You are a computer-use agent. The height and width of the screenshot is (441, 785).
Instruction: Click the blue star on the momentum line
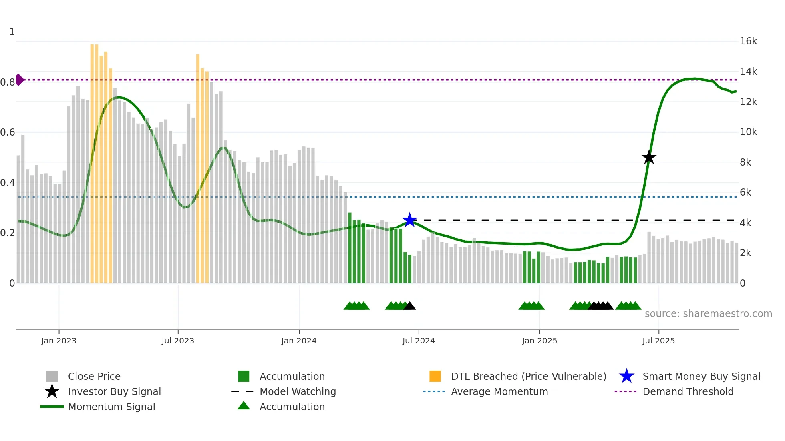(409, 220)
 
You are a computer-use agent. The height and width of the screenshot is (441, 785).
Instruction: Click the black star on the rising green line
(649, 157)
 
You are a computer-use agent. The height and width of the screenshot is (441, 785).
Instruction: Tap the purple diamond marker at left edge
(19, 80)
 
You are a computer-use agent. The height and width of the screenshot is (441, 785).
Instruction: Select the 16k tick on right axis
(748, 41)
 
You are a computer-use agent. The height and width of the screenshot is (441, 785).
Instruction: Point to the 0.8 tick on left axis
(8, 82)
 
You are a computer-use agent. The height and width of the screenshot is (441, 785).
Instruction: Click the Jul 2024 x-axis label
(418, 341)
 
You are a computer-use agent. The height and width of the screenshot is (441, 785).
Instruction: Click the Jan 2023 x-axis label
(59, 341)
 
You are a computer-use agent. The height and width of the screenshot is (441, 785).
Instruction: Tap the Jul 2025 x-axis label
(658, 341)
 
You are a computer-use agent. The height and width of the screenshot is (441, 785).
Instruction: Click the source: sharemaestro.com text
(708, 314)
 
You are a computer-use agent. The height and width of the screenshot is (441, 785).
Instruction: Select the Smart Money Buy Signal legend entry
(701, 376)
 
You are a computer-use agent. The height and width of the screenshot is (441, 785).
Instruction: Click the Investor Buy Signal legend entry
(114, 391)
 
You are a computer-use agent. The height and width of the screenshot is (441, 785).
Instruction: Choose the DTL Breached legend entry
(528, 376)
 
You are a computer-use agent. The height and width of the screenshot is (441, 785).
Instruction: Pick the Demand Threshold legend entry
(688, 391)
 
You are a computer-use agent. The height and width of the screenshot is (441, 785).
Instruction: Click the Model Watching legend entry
(297, 391)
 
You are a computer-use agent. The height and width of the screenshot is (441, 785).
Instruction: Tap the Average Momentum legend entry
(499, 391)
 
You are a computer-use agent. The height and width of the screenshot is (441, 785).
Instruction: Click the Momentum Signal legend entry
(111, 407)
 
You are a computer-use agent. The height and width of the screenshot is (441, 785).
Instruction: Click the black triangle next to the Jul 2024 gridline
(409, 306)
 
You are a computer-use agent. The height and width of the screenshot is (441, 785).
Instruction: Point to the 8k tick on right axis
(745, 162)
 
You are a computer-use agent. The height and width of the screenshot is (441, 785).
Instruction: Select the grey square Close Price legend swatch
(52, 376)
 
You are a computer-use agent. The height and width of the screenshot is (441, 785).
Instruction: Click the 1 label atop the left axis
(12, 32)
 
